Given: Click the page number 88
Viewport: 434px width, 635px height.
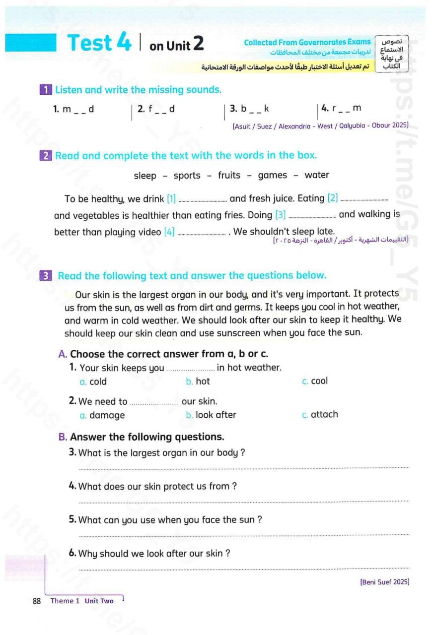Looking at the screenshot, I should tap(36, 601).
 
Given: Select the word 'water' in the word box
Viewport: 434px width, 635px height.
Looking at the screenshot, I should tap(317, 175).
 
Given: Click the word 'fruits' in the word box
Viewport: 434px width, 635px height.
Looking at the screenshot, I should tap(229, 175).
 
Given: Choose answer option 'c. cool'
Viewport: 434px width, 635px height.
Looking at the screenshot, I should tap(315, 381).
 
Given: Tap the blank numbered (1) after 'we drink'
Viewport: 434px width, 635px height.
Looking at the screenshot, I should tap(203, 200).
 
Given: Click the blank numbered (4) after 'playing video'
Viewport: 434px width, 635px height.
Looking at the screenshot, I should tap(201, 233).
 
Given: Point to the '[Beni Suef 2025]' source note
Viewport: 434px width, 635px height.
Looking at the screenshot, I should tap(384, 582).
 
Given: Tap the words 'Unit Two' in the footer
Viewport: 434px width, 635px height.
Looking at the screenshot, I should tap(99, 601).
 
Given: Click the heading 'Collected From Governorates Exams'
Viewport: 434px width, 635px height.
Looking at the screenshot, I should tap(307, 42).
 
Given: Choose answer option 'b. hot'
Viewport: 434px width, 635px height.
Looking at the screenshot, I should tap(198, 381).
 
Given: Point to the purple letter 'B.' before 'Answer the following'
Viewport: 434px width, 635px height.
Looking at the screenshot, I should tap(63, 437).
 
